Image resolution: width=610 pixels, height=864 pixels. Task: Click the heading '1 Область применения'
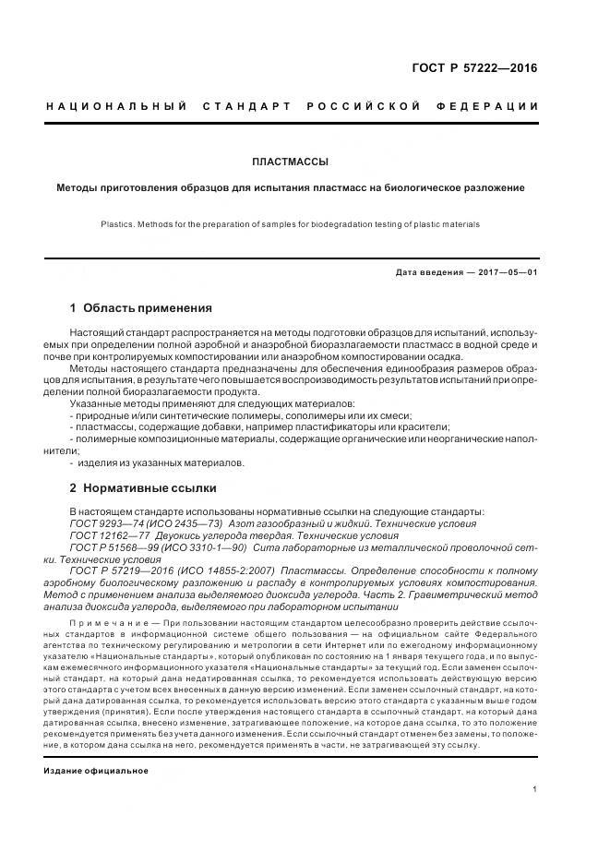[x=140, y=308]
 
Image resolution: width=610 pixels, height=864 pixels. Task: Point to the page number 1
[x=535, y=789]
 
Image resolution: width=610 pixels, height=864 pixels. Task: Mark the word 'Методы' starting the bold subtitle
[x=80, y=187]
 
